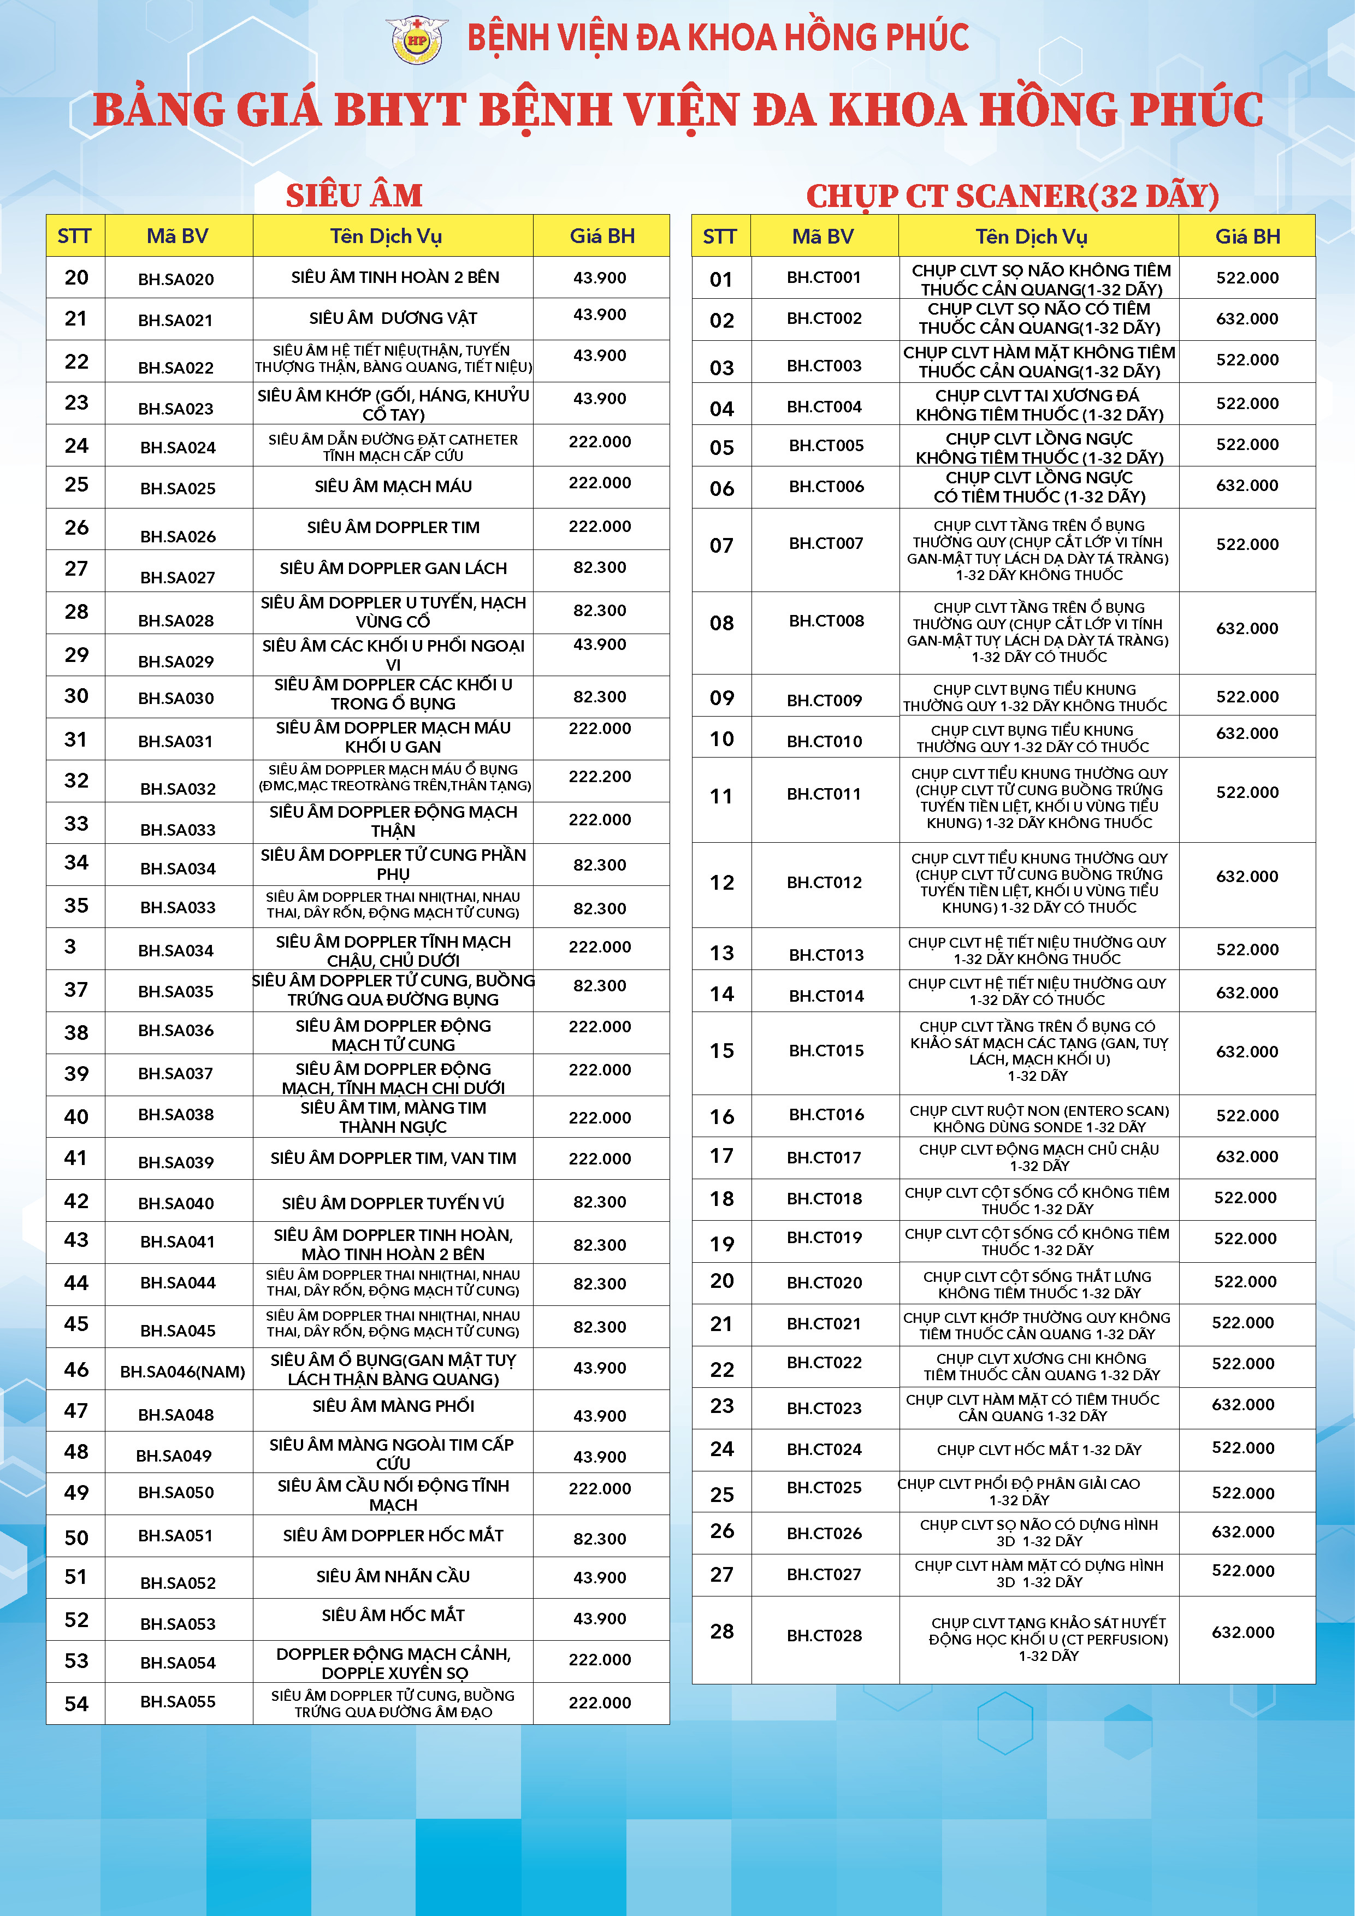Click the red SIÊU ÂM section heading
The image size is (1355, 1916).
pos(354,196)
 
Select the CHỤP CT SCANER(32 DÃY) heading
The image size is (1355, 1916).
pos(1012,196)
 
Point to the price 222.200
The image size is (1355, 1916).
pos(599,777)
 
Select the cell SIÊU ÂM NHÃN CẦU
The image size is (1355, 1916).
pos(393,1576)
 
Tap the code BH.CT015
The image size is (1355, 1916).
pos(826,1051)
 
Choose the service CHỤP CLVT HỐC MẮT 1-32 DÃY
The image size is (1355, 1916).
pos(1039,1450)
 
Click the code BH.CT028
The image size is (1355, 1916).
pos(824,1636)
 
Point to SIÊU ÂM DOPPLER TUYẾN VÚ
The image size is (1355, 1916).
pos(393,1203)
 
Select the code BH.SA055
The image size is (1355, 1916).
pos(177,1701)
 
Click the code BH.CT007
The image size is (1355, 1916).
pos(826,543)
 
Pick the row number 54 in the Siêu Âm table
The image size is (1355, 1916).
pos(76,1703)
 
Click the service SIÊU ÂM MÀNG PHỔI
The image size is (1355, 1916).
pos(393,1406)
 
